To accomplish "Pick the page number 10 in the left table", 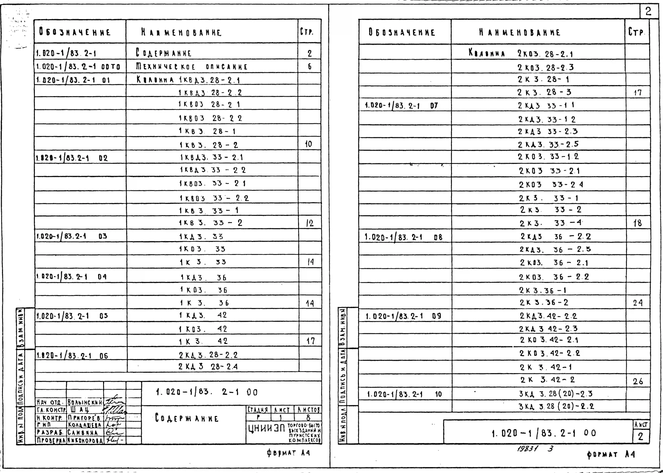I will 308,144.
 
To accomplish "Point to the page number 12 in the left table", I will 310,223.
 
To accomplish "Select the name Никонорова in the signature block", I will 85,440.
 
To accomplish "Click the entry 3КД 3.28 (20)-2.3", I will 556,394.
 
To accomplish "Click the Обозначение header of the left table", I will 75,32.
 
